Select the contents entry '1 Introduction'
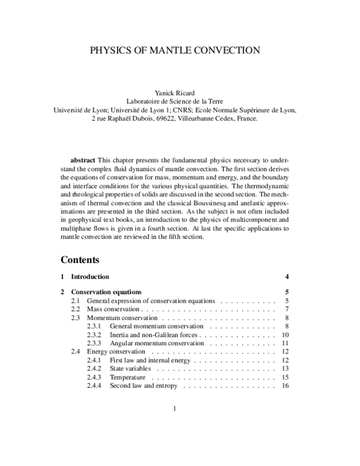90,277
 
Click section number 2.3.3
95,343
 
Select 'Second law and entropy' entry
143,386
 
